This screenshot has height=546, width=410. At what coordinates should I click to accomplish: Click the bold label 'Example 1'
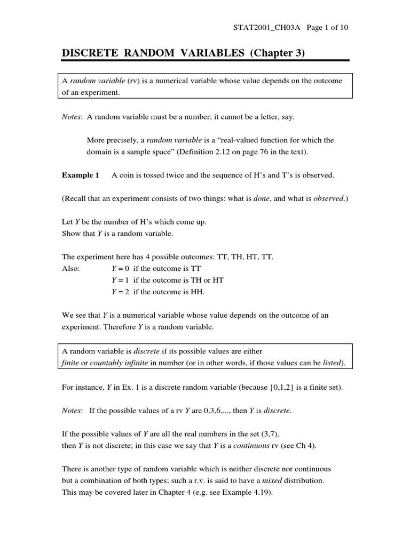click(x=81, y=175)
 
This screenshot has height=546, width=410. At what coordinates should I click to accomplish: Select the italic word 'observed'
click(x=328, y=198)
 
